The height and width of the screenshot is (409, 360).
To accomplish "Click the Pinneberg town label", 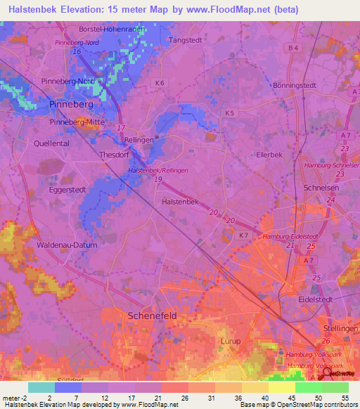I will point(70,104).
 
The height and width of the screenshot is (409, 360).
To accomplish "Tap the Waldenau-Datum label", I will point(66,245).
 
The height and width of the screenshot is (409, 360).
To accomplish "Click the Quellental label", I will point(51,142).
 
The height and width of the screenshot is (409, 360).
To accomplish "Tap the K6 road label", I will point(162,83).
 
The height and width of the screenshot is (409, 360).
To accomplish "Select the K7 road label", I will point(243,235).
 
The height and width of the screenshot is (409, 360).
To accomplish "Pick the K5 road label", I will point(228,112).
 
